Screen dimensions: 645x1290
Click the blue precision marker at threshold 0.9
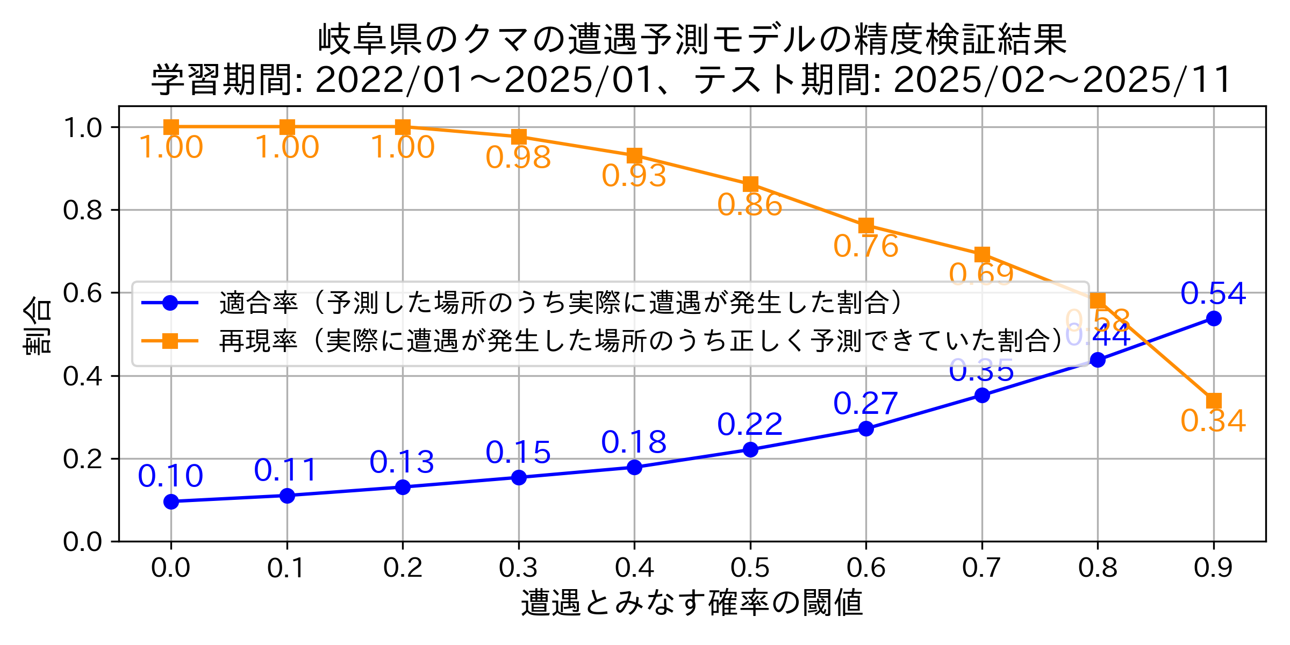pos(1213,318)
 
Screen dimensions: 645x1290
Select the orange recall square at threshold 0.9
pos(1213,401)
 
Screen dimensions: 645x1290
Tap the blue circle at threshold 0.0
pos(171,501)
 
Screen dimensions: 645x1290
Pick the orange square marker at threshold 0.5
pos(750,184)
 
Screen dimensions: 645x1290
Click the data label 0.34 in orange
pos(1213,421)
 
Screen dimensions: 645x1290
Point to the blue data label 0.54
pos(1213,293)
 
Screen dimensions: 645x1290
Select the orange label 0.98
pos(518,157)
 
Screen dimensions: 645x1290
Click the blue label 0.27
pos(865,403)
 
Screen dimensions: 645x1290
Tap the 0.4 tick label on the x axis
pos(634,568)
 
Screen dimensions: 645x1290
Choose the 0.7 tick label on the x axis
pos(981,568)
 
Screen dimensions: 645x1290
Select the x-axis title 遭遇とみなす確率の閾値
pos(692,603)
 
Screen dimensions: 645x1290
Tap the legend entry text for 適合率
pos(258,303)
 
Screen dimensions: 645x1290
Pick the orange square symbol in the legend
pos(170,341)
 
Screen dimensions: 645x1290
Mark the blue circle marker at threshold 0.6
pos(866,428)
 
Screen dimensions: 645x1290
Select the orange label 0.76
pos(865,246)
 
